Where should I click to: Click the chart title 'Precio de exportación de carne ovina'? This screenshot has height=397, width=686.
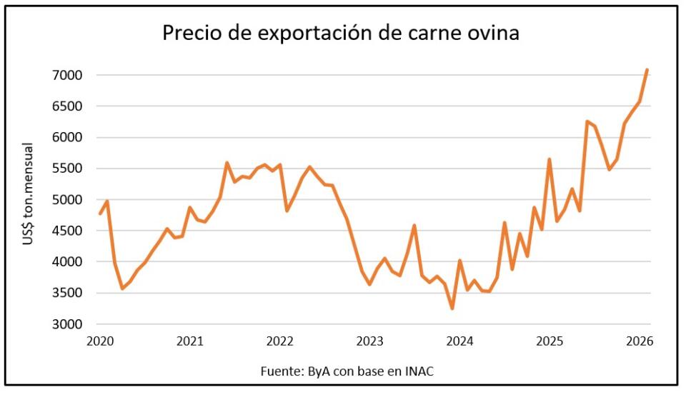341,33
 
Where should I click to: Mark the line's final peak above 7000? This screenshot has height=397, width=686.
647,70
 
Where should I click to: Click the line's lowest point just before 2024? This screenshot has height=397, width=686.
452,308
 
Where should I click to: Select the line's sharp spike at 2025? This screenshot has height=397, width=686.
549,159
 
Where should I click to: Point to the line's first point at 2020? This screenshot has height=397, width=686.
100,213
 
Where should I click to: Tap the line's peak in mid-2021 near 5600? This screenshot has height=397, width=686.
227,163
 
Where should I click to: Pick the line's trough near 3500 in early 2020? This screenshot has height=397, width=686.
122,288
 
